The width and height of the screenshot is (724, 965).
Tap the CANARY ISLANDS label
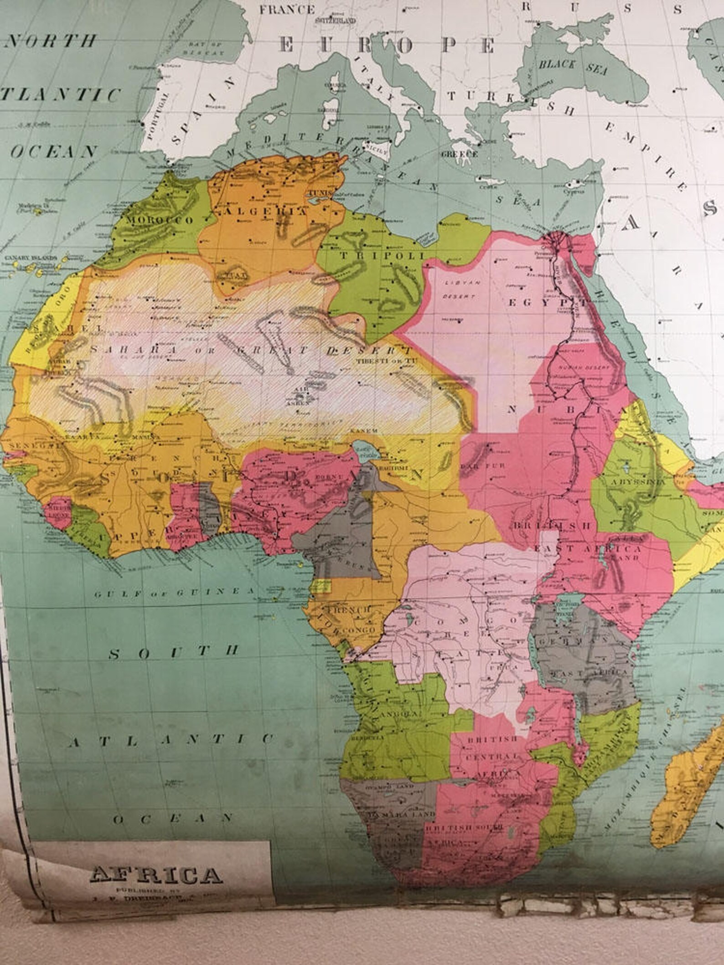(x=31, y=258)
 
